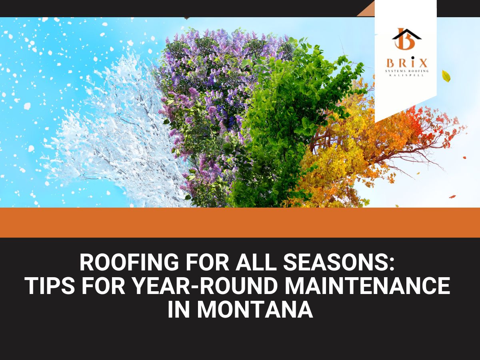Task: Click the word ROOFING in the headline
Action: [129, 262]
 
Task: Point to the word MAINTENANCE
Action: [367, 286]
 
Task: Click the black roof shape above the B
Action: [406, 34]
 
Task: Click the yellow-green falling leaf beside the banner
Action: [446, 76]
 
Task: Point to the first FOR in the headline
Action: [207, 262]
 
